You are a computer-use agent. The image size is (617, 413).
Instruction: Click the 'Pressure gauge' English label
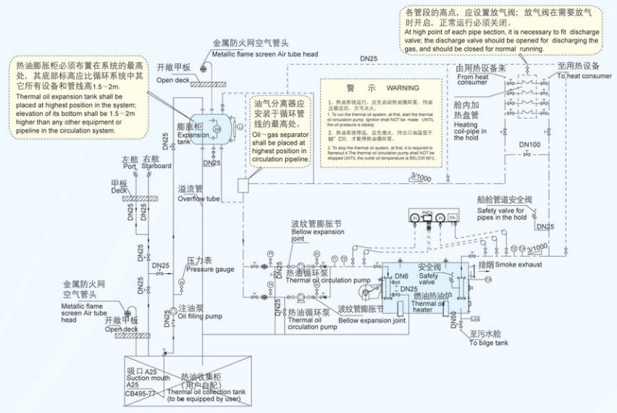pos(210,269)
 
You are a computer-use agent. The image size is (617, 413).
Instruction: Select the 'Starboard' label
pos(157,166)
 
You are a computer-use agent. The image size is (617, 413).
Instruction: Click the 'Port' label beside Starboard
pos(129,166)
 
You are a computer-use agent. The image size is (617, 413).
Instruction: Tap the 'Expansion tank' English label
pos(192,138)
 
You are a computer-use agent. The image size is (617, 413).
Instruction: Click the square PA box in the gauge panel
pos(452,216)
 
